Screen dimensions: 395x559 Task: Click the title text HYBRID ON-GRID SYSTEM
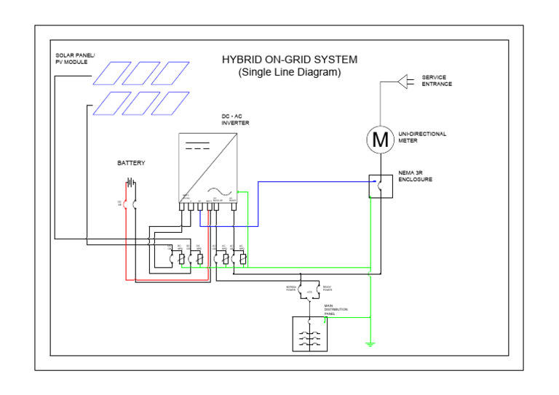289,60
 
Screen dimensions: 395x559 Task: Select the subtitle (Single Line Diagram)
289,73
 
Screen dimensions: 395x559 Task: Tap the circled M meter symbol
379,139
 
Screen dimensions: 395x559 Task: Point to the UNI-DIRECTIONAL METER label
422,137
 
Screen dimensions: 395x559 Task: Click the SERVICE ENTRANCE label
437,81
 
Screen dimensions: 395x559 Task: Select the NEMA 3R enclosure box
379,186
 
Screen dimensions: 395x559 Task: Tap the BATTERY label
132,163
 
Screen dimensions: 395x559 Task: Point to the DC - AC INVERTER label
235,119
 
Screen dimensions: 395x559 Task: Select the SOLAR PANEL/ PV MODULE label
75,58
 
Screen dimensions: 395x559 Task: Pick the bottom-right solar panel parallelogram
170,103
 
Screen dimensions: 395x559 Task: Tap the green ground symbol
370,343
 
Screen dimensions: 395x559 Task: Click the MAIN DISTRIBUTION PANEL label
335,311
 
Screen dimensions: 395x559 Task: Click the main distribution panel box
309,335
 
